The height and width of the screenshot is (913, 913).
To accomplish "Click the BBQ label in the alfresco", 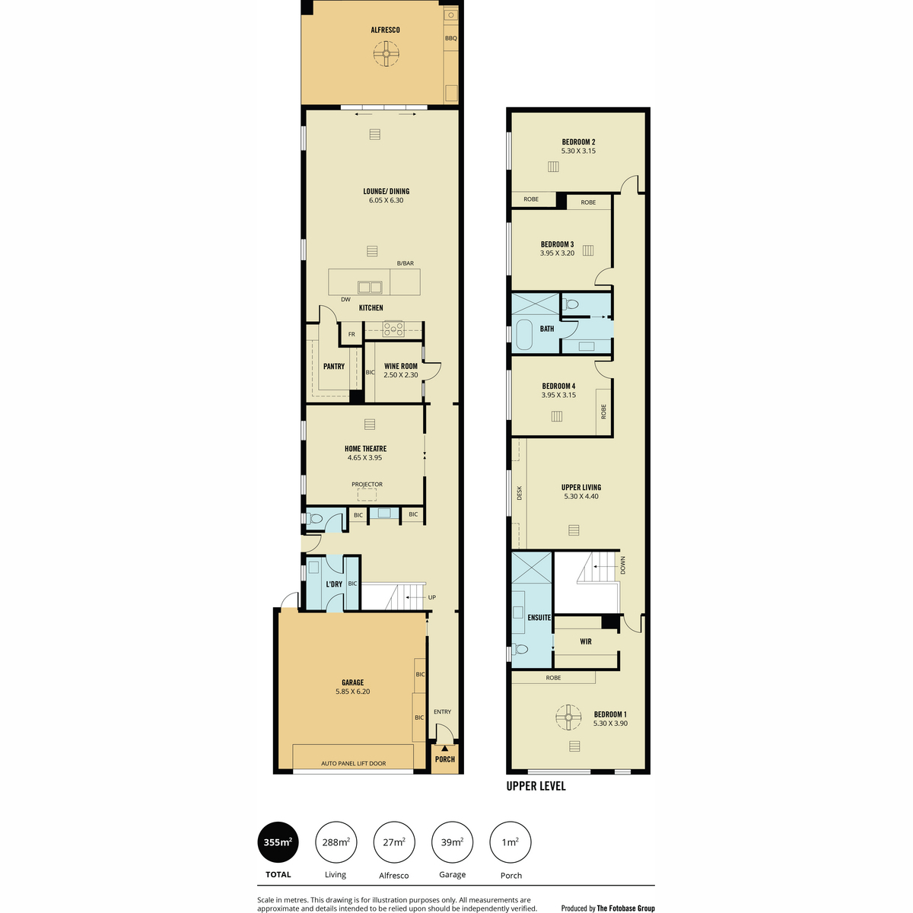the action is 450,38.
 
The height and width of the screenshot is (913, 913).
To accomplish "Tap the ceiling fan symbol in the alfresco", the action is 387,53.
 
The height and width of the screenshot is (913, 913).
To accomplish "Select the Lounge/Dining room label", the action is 387,192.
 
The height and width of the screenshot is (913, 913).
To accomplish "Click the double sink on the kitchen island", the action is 370,287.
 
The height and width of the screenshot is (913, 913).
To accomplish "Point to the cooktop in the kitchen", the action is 393,329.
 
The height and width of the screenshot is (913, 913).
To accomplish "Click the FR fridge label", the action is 352,334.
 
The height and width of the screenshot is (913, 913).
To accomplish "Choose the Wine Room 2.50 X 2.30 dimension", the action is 401,375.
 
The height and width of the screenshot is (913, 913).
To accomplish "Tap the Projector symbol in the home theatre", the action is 367,495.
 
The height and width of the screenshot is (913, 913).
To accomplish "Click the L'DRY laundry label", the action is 334,584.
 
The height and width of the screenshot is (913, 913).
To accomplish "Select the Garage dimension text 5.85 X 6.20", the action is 352,692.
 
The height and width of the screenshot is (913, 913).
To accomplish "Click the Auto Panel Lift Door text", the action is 354,763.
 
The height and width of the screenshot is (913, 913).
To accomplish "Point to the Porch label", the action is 445,759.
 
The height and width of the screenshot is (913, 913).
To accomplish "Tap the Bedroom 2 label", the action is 578,142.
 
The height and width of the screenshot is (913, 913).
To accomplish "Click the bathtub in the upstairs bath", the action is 523,335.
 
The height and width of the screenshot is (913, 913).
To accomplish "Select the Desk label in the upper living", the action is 520,493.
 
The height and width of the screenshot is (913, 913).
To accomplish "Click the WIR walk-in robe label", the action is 586,641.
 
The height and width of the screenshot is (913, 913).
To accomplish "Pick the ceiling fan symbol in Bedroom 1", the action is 568,717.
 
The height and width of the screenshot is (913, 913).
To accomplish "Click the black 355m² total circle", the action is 278,842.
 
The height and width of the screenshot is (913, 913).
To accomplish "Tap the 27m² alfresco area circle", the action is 393,842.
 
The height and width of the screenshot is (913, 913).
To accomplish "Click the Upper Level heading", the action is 536,786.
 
